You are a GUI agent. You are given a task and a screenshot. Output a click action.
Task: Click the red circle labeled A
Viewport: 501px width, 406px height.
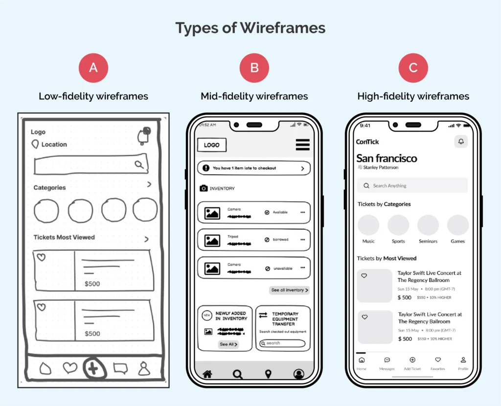point(93,68)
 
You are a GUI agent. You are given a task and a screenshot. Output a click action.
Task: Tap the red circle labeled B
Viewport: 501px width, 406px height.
point(254,68)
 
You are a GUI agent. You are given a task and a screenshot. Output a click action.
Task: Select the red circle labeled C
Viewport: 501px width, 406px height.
point(413,68)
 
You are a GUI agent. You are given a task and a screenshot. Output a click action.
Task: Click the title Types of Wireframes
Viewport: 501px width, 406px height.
point(250,28)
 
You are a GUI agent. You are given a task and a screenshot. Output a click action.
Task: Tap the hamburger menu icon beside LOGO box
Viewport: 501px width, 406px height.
point(302,144)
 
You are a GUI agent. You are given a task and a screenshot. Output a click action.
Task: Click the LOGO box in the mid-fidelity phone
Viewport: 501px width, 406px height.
point(212,145)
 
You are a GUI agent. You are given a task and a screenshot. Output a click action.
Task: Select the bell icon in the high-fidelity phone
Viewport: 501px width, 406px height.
point(461,142)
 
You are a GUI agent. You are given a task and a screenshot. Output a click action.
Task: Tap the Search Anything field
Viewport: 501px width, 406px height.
point(412,186)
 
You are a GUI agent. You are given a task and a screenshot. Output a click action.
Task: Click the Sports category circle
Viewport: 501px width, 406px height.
point(398,225)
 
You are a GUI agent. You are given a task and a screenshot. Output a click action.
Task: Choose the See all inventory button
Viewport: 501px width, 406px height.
point(290,290)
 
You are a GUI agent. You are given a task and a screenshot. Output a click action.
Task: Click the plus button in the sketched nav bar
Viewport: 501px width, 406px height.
point(93,368)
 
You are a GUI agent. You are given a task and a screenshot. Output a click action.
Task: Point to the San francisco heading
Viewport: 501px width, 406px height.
point(387,158)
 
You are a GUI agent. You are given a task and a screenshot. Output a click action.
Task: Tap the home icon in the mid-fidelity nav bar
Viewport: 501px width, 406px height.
point(207,374)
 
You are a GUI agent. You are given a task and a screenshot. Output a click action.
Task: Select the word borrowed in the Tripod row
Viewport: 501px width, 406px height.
point(280,240)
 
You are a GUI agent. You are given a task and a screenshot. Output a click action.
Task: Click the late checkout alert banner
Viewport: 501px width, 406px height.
point(253,168)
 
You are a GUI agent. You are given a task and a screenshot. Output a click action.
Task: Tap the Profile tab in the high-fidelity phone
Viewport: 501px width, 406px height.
point(463,363)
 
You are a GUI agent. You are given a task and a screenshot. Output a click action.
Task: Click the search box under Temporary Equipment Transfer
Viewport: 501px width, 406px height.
point(283,343)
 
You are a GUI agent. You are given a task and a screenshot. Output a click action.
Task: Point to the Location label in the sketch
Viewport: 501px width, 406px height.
point(54,144)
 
